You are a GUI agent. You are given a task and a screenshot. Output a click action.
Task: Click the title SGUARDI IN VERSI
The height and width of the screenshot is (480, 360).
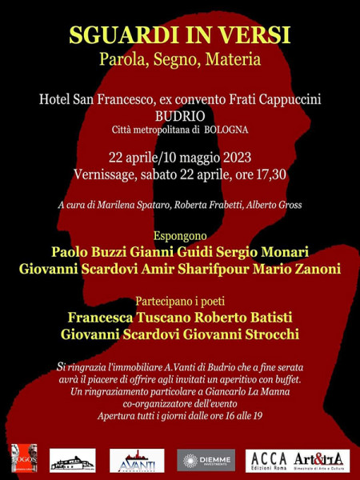click(x=179, y=36)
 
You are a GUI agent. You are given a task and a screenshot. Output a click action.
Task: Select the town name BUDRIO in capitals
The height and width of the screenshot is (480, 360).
click(x=179, y=115)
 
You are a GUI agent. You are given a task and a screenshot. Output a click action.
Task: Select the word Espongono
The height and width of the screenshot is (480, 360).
click(x=180, y=236)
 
